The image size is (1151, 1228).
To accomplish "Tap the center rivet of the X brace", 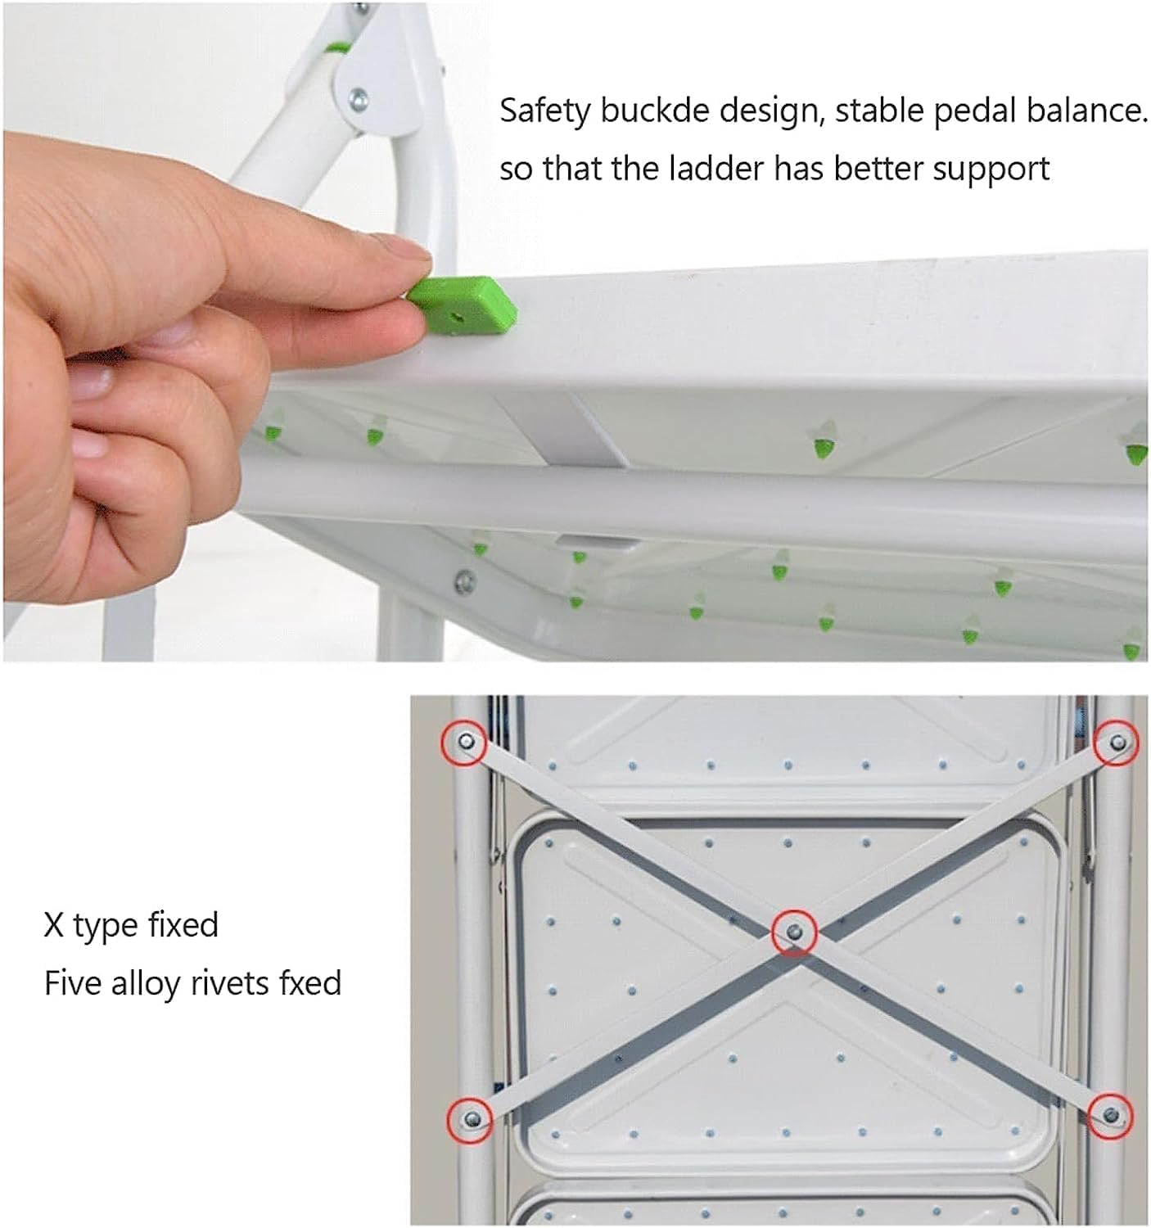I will click(794, 932).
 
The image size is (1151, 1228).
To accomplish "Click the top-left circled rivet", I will click(465, 743).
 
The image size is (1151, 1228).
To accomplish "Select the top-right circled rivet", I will click(1117, 743).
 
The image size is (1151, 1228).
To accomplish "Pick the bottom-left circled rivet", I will click(471, 1118).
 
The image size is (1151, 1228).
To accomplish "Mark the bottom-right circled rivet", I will click(1111, 1114).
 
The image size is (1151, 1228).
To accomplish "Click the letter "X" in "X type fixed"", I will click(54, 925).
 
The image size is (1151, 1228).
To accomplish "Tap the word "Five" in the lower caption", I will click(73, 983).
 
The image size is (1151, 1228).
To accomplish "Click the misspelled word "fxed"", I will click(309, 983).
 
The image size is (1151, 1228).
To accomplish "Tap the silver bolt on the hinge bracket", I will click(358, 101).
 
